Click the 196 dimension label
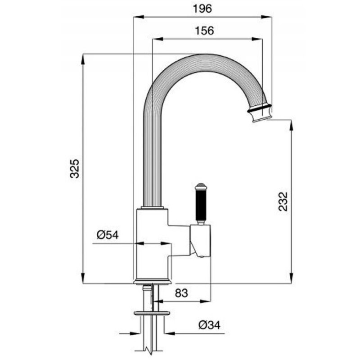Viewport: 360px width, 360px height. click(202, 9)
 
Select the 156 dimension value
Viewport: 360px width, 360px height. click(204, 31)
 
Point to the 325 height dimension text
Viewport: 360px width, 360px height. click(75, 168)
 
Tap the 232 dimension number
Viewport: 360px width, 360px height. click(283, 201)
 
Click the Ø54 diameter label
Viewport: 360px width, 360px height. click(108, 235)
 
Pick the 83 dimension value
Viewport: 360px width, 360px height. click(181, 293)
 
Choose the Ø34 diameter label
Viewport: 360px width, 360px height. click(209, 325)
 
